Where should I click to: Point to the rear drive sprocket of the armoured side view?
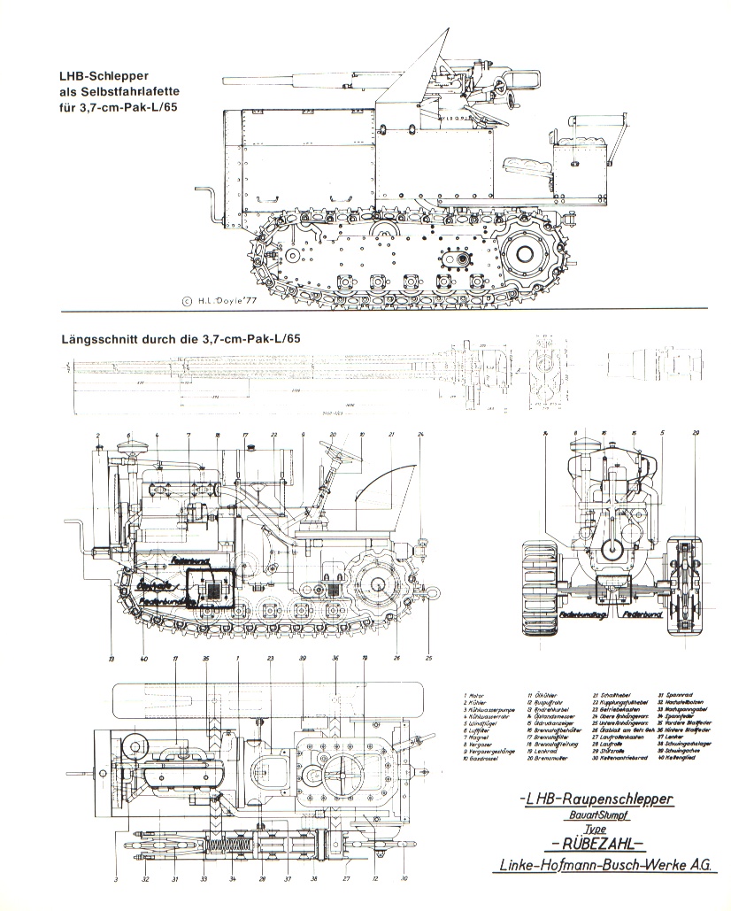pos(523,253)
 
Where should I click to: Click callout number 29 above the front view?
pos(696,432)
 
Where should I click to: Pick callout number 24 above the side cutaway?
pos(421,433)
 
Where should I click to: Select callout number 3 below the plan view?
pos(115,879)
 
